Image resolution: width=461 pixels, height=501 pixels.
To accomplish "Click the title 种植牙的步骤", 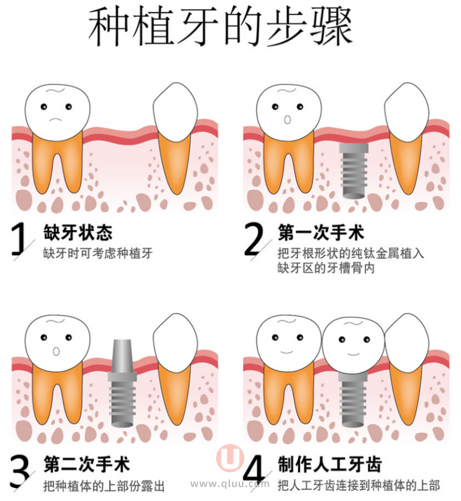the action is (220, 28).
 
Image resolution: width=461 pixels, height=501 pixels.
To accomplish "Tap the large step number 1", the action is (18, 239).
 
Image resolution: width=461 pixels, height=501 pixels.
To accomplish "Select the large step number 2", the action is (254, 239).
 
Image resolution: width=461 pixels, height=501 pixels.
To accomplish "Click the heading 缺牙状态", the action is (78, 232).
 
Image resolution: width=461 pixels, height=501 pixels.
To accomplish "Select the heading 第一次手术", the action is (321, 232).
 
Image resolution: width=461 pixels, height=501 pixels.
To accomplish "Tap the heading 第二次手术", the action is (87, 465).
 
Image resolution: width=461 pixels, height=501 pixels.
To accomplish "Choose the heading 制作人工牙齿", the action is (330, 464).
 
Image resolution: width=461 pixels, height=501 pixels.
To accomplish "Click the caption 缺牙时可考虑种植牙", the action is (98, 253).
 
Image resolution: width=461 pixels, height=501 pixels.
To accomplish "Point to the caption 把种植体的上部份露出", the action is (104, 486).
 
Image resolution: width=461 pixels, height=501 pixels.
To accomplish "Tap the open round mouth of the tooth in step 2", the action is (287, 120).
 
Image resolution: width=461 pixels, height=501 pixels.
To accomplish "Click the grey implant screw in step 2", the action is (354, 169).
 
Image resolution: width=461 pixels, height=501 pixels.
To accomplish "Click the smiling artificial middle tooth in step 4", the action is (354, 346).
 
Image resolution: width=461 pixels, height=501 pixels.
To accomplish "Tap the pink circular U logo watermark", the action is (230, 458).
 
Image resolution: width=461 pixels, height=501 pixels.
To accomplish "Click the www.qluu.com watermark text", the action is (230, 484).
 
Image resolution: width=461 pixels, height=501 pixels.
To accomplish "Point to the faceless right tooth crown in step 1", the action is (175, 112).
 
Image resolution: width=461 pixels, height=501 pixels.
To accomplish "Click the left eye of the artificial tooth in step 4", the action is (342, 339).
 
